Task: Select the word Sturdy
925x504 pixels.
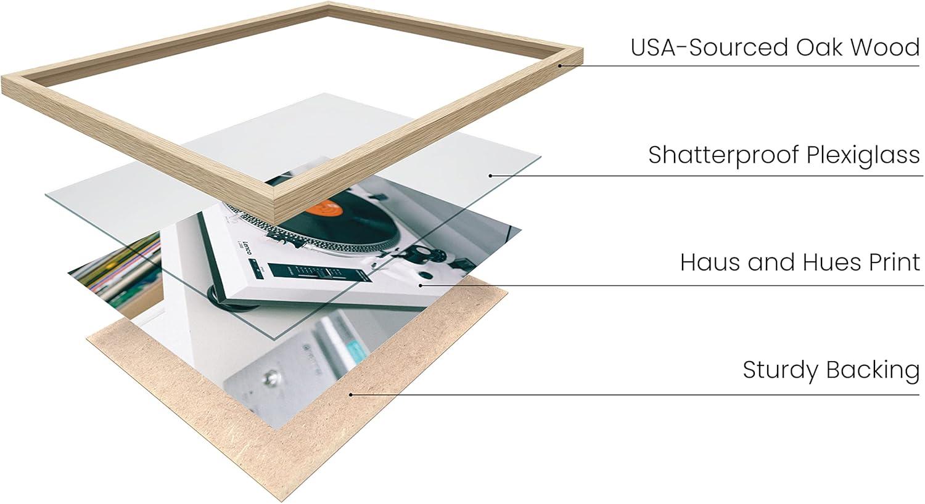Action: [x=781, y=370]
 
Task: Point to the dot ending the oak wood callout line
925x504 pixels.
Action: [x=561, y=65]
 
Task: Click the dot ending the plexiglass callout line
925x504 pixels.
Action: [x=490, y=176]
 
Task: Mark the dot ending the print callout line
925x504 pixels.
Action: [x=421, y=285]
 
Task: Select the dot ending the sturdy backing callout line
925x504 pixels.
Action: [x=351, y=395]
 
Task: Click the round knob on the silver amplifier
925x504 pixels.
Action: [x=271, y=376]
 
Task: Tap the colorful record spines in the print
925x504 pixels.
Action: [x=120, y=269]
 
